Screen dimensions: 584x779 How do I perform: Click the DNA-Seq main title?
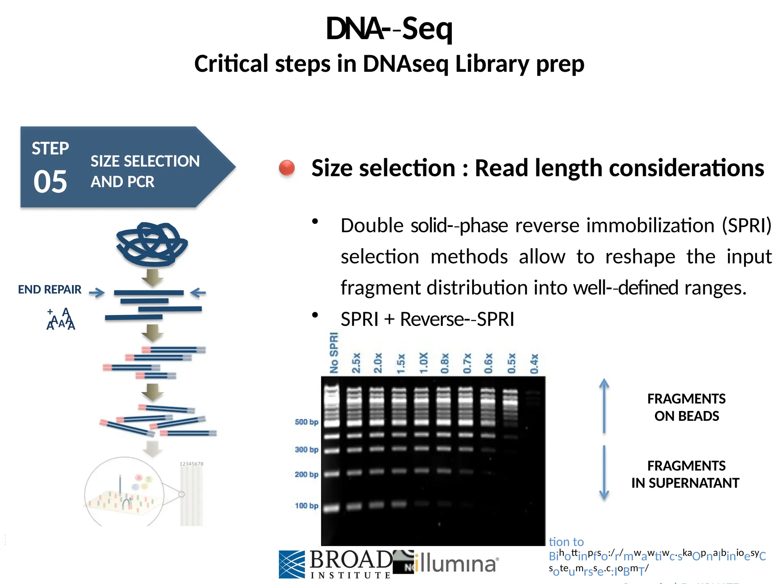click(389, 29)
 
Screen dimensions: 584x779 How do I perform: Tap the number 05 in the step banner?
click(50, 182)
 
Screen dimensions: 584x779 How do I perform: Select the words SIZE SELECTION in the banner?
click(145, 161)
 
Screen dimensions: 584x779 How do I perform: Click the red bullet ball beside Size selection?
click(287, 168)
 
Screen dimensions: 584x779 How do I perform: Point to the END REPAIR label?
click(50, 290)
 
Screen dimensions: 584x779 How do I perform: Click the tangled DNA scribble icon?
click(151, 244)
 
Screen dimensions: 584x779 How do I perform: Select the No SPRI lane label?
click(334, 353)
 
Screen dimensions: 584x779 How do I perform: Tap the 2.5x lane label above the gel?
click(356, 363)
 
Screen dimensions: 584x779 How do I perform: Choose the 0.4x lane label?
click(534, 363)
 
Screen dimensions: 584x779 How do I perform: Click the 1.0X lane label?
click(423, 363)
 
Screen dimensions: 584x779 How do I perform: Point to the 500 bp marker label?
click(306, 422)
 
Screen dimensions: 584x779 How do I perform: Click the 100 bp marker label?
click(306, 506)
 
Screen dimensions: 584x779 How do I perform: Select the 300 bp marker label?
click(306, 450)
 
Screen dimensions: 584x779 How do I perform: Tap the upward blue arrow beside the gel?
click(604, 405)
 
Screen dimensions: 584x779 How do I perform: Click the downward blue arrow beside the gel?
click(604, 473)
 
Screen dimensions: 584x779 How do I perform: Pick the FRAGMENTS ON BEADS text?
click(686, 407)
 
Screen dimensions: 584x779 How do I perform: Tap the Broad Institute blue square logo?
click(292, 564)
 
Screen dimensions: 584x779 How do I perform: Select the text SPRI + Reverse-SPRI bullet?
click(427, 319)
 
